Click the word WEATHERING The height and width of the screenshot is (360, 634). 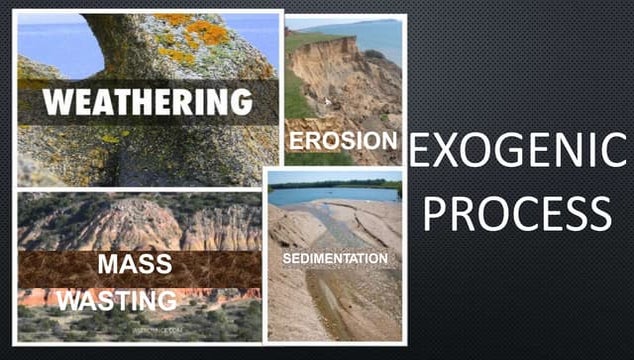[147, 103]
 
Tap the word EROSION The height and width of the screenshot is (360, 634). [342, 139]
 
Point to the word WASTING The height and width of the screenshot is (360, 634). [117, 299]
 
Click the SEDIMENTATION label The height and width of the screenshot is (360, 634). [334, 258]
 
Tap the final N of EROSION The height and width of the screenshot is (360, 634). [390, 139]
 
